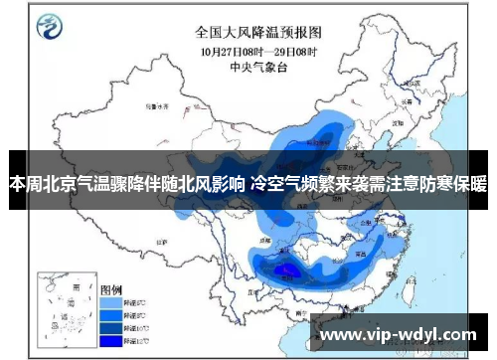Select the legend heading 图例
point(111,286)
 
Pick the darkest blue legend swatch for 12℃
point(111,341)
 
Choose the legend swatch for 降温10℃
point(111,327)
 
